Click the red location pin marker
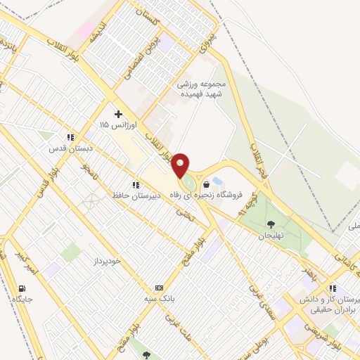[181, 165]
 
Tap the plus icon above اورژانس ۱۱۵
[118, 113]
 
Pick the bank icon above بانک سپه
[159, 288]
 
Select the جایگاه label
[22, 299]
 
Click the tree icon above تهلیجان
[271, 225]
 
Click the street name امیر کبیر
[32, 257]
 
